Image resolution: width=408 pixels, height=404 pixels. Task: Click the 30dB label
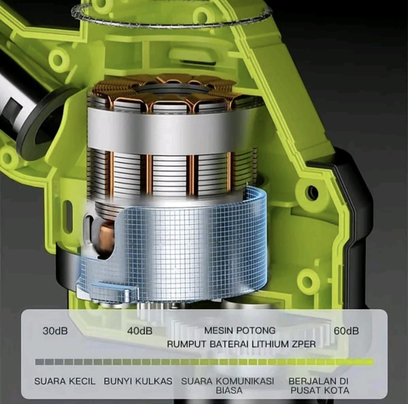coord(55,331)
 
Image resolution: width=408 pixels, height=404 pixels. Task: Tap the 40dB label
coord(140,331)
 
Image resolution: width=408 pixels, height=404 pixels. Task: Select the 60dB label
coord(346,331)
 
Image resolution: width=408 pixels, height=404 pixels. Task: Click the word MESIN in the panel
coord(218,331)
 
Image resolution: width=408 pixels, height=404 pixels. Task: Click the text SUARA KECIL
coord(65,381)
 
